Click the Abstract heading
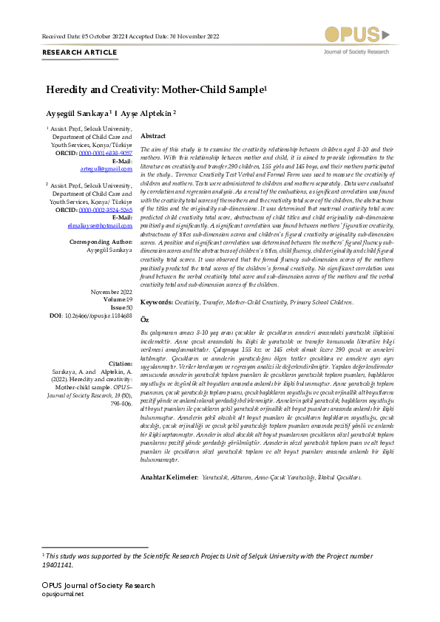coord(153,137)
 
